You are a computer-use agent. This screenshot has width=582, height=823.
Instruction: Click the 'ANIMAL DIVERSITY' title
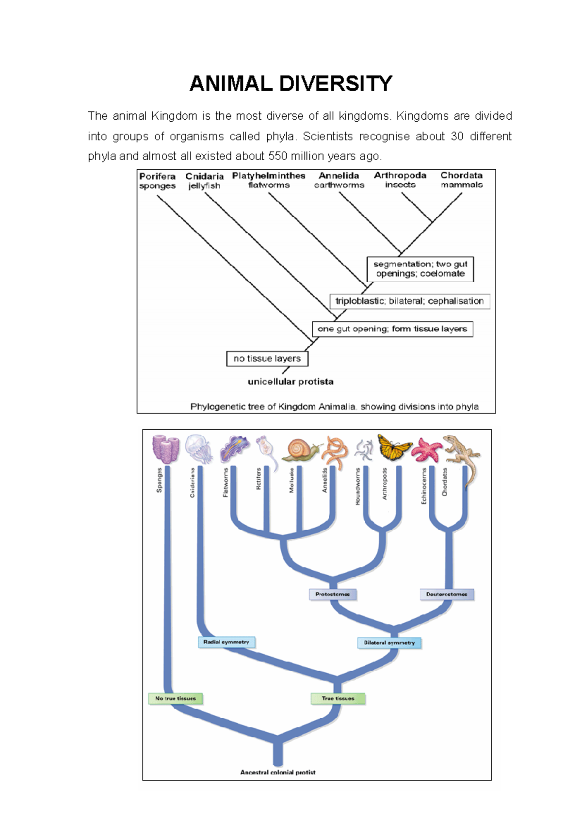291,83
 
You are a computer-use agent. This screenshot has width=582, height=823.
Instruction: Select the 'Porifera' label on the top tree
157,176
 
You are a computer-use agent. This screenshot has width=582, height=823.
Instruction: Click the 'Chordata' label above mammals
461,176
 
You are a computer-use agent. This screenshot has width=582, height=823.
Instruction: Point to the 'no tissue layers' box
267,358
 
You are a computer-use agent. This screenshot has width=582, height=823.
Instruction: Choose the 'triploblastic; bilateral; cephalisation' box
409,301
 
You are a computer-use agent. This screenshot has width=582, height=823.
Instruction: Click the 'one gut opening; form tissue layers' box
392,329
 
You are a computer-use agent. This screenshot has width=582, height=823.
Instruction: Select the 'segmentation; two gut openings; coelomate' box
420,269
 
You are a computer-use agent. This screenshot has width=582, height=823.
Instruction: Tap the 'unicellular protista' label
291,382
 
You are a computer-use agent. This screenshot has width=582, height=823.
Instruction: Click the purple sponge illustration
165,449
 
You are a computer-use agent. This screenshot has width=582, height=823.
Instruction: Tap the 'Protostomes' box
333,594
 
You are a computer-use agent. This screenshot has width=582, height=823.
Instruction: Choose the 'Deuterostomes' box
447,594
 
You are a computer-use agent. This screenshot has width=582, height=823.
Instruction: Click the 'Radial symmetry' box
226,642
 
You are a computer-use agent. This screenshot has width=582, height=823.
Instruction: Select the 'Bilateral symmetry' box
389,643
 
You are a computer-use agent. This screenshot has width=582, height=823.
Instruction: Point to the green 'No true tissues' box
176,698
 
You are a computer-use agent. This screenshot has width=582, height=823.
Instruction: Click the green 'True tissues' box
338,698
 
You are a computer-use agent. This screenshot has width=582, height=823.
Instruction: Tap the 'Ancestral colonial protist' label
278,772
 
